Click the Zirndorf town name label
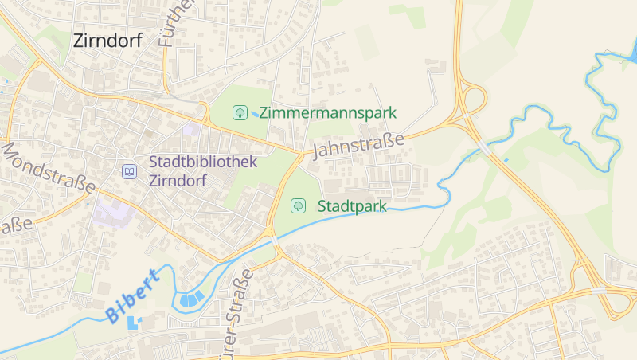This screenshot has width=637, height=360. coord(107,41)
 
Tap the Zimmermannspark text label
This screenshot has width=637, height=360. coord(327,113)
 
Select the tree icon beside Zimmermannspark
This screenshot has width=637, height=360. coord(238,113)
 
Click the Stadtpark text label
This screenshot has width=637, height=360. coord(352,206)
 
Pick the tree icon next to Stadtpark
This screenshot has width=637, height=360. coord(298,206)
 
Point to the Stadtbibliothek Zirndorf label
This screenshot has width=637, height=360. coord(203,171)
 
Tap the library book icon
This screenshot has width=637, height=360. coord(128,171)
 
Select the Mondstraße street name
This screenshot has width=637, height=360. coord(48,168)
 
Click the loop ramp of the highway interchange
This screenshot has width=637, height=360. coord(474,100)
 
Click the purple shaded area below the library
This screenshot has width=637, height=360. coord(112,213)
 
